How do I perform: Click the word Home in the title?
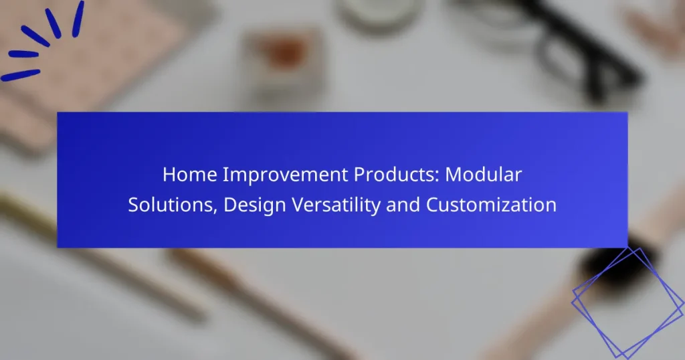click(190, 175)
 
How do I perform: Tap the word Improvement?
click(286, 175)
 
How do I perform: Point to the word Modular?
click(483, 175)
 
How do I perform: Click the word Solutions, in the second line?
click(173, 205)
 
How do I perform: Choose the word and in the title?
click(403, 205)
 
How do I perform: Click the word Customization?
click(491, 205)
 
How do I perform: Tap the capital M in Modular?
click(453, 175)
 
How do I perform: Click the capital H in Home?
click(169, 175)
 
